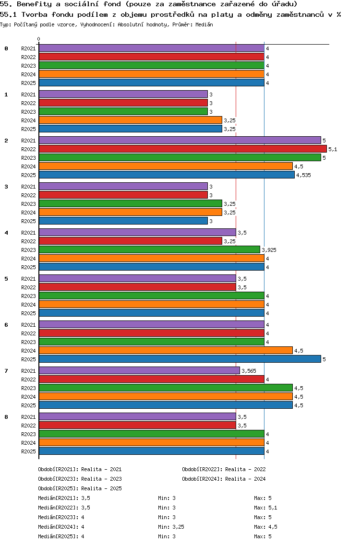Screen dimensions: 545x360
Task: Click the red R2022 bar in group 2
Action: tap(182, 149)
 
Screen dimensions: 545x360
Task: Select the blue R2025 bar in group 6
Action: tap(180, 359)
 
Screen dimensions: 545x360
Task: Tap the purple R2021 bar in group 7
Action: tap(139, 371)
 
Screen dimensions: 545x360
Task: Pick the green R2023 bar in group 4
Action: tap(149, 250)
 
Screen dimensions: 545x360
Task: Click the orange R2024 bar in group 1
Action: tap(130, 120)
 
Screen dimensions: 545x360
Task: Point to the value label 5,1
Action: tap(333, 149)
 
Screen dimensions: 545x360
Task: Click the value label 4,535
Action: tap(303, 175)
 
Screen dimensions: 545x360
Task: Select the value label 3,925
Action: tap(269, 250)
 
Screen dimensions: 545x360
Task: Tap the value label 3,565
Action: tap(249, 371)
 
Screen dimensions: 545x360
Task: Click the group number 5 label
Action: tap(6, 279)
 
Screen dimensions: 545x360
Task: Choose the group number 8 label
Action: tap(6, 417)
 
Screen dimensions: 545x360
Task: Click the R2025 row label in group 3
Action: tap(28, 221)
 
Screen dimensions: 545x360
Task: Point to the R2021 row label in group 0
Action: tap(28, 48)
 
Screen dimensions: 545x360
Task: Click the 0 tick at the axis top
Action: tap(39, 39)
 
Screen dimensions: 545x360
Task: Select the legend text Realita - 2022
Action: tap(245, 469)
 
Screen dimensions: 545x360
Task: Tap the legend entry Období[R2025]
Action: tap(58, 488)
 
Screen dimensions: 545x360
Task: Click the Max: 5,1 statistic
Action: tap(265, 508)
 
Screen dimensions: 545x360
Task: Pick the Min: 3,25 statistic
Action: tap(171, 527)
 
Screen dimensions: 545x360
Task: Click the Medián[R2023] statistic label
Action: tap(58, 517)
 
